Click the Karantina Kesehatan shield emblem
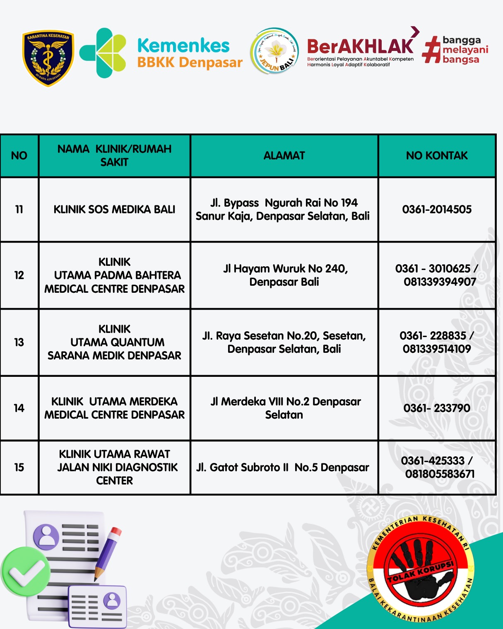point(48,58)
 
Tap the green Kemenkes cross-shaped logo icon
point(103,53)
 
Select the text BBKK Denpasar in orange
point(190,63)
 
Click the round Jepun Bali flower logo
point(274,51)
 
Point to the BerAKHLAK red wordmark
point(360,46)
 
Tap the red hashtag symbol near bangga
point(431,50)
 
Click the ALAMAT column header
point(284,156)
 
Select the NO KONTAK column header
point(437,156)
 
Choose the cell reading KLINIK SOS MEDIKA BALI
point(114,210)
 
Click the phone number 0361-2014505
point(437,210)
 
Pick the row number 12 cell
point(19,275)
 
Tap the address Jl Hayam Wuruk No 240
point(285,269)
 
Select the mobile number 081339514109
point(437,349)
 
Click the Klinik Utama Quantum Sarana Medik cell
point(114,342)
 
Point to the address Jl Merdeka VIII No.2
point(285,402)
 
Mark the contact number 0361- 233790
point(437,408)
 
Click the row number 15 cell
point(19,468)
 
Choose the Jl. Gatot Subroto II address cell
point(282,468)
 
